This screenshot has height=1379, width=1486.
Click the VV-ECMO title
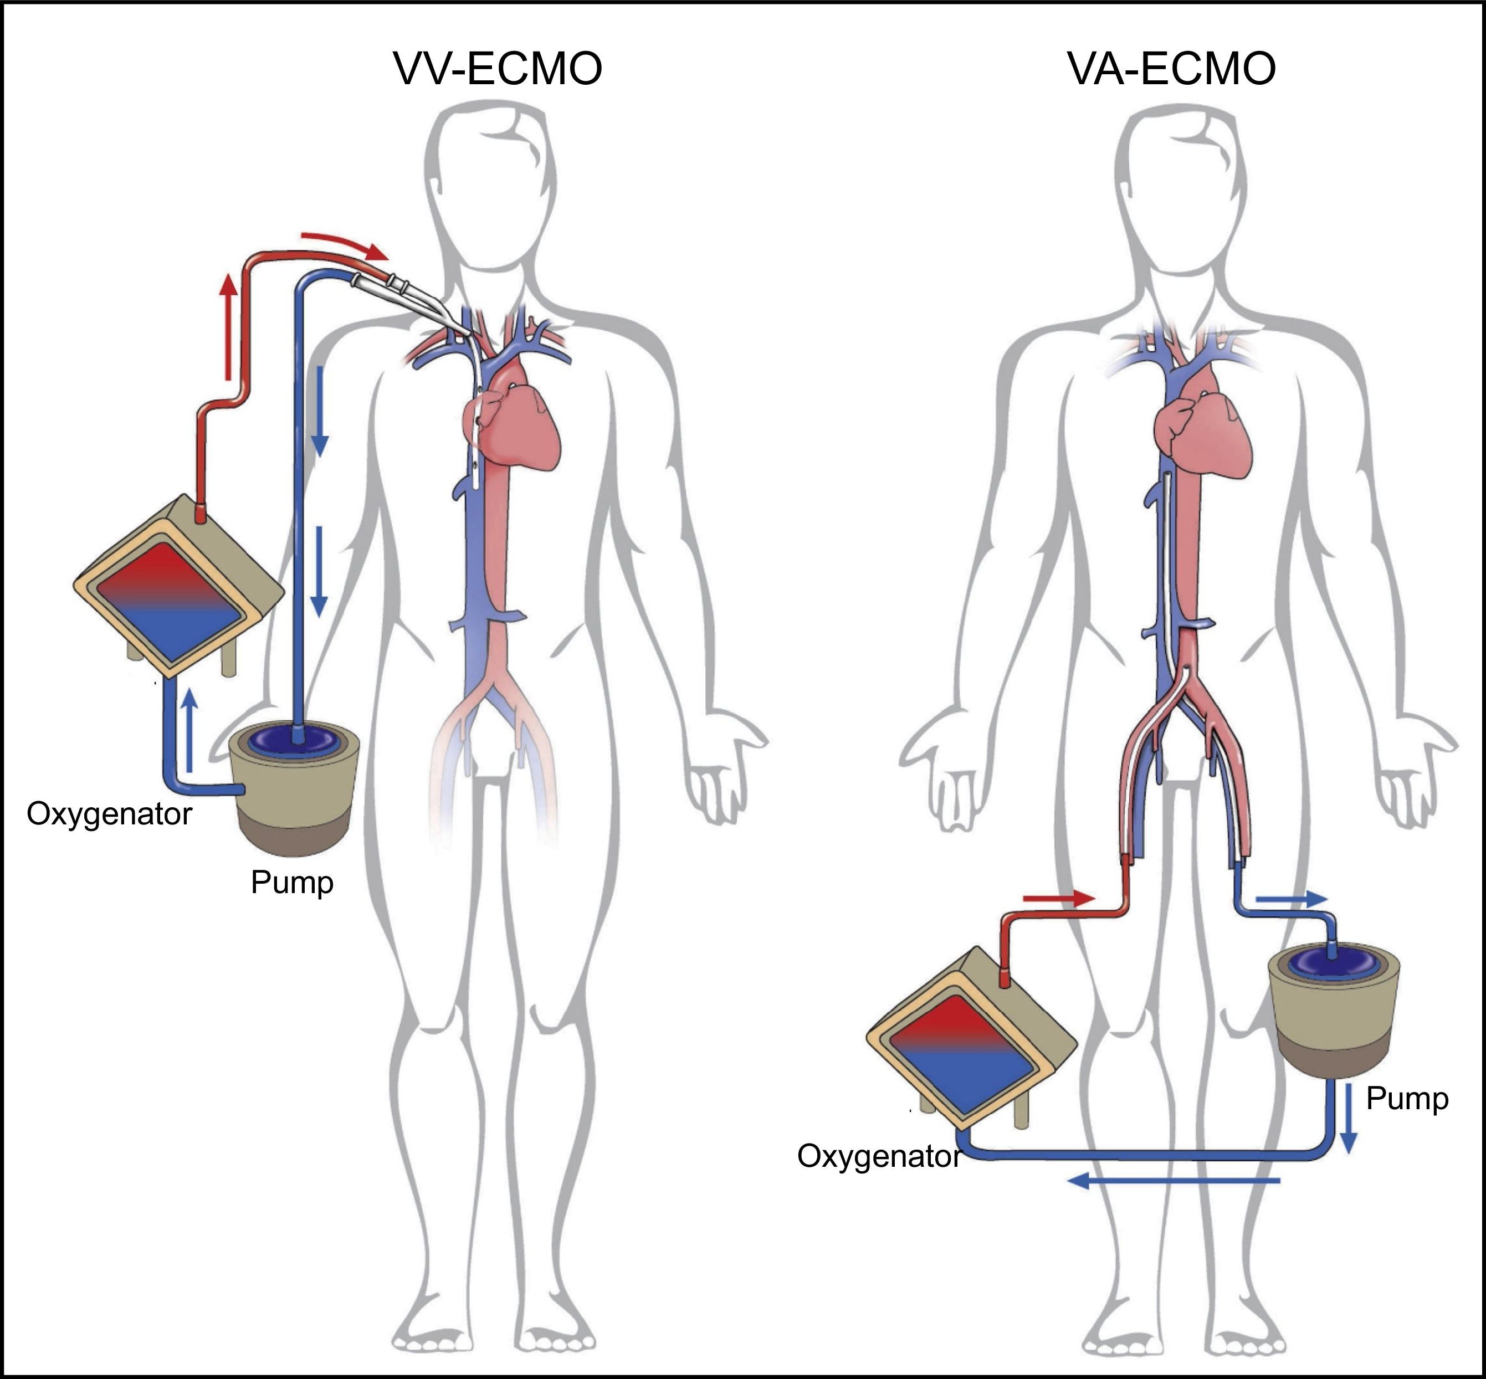[x=498, y=69]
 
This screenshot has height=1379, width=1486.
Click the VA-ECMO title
[x=1171, y=69]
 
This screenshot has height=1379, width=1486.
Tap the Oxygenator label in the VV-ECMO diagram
[x=109, y=813]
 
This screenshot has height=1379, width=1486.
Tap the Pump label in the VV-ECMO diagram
[x=292, y=882]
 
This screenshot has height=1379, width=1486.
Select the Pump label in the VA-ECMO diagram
[x=1407, y=1099]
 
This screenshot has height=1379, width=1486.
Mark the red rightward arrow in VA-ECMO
[x=1058, y=899]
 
